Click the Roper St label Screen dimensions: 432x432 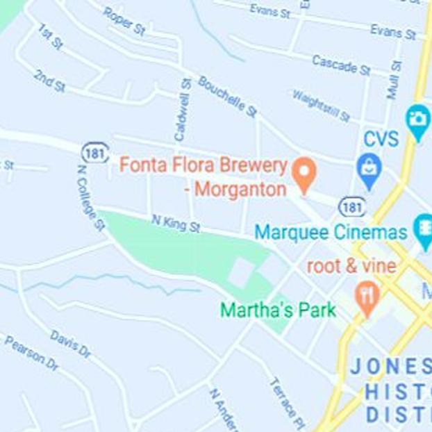pos(124,21)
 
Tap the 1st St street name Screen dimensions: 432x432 pos(49,36)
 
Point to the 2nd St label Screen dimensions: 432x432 pos(49,81)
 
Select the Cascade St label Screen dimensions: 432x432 pos(341,65)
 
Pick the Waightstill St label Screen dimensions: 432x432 pos(321,106)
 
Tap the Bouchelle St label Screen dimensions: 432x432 pos(227,96)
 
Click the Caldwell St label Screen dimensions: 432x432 pos(183,110)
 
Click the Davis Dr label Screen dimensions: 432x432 pos(70,344)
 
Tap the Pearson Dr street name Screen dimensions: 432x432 pos(32,353)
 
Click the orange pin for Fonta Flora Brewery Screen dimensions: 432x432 pos(303,175)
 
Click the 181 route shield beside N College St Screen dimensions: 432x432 pos(94,153)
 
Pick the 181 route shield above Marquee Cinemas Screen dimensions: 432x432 pos(352,206)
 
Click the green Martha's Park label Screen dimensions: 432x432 pos(278,310)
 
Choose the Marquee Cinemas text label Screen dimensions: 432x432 pos(331,232)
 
